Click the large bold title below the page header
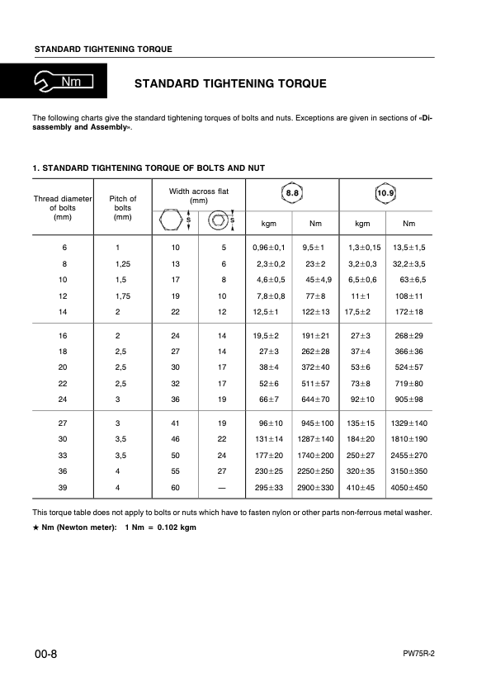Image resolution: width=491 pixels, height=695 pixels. click(x=230, y=83)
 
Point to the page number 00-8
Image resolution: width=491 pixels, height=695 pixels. click(x=45, y=655)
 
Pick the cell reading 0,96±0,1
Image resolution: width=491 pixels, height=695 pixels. click(x=268, y=248)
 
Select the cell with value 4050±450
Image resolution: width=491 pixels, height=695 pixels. click(x=409, y=488)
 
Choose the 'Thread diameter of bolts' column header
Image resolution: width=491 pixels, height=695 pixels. click(x=63, y=208)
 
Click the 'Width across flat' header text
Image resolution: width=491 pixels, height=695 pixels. click(x=198, y=196)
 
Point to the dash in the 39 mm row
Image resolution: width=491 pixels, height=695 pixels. click(x=224, y=488)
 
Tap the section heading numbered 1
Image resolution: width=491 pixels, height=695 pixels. click(x=149, y=168)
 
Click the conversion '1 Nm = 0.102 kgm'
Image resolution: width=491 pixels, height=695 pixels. click(x=160, y=527)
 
